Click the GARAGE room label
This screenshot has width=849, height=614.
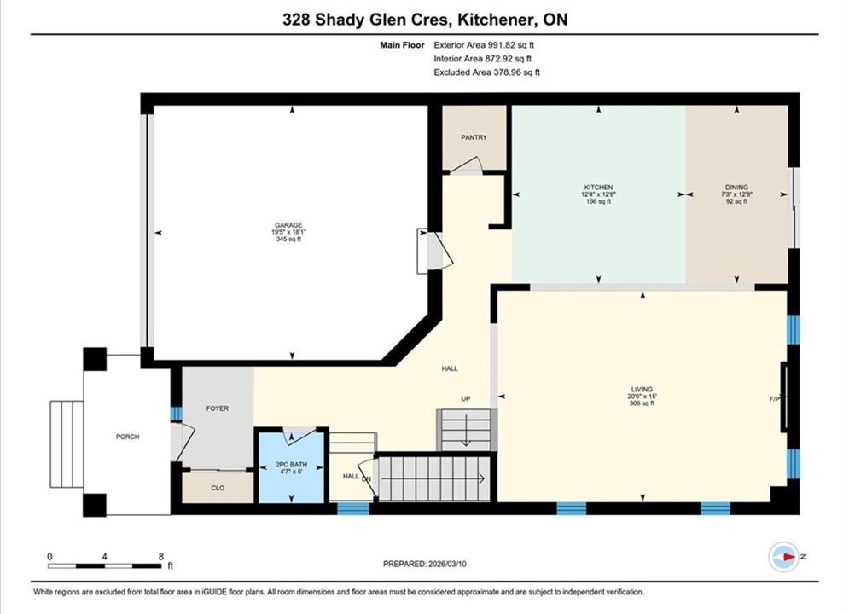(288, 225)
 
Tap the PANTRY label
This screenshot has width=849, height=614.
(474, 137)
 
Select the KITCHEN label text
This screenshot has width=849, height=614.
(598, 187)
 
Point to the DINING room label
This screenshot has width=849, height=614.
(736, 187)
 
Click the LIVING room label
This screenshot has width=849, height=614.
(642, 389)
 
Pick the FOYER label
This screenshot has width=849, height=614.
(217, 408)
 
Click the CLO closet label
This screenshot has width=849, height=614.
(218, 488)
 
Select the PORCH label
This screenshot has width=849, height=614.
(128, 437)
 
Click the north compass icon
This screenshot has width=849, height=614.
(784, 557)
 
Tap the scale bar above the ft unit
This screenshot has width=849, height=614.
(104, 566)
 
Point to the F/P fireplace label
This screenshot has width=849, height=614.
(774, 399)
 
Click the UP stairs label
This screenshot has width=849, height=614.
(466, 399)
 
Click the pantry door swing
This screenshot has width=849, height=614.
(466, 165)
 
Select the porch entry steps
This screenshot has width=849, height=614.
(67, 444)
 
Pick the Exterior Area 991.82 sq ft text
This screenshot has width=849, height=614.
(484, 45)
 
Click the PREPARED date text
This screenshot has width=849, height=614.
(425, 564)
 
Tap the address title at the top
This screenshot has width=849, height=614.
(425, 20)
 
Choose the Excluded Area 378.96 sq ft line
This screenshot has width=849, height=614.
(486, 72)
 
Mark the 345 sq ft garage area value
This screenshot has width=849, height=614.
(288, 239)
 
